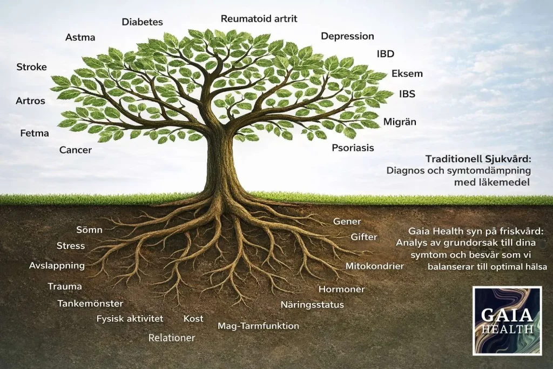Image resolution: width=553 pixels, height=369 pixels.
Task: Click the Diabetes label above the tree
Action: [142, 22]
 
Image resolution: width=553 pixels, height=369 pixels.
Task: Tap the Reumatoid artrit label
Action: [259, 18]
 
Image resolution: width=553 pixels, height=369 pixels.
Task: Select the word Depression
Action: [347, 36]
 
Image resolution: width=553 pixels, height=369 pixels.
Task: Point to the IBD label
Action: [386, 53]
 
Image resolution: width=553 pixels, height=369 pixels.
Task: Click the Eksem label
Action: [407, 73]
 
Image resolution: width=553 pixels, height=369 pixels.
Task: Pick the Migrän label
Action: [400, 122]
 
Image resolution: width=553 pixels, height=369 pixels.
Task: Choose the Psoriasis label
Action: [353, 147]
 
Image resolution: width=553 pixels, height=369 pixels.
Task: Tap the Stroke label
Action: [31, 66]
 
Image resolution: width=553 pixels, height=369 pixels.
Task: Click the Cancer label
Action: [76, 150]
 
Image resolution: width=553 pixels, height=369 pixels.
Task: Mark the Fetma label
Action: [35, 133]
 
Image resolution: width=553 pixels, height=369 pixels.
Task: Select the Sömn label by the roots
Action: [89, 230]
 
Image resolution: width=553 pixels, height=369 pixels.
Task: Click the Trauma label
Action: [65, 286]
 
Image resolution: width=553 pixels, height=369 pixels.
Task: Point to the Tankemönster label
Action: [90, 304]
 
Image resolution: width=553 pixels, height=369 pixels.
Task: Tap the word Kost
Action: [193, 319]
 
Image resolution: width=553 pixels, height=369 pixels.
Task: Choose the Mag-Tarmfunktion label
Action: [258, 326]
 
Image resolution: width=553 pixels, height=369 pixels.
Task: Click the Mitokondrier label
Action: [375, 266]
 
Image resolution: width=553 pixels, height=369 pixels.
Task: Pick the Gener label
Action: [347, 222]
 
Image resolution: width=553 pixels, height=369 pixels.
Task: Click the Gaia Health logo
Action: [507, 321]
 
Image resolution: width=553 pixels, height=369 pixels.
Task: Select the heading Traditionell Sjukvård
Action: [478, 159]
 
